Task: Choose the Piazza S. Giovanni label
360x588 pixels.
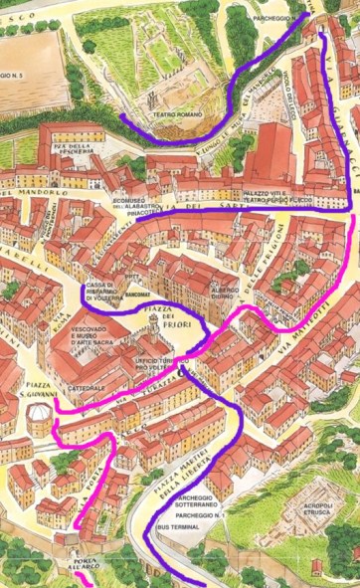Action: tap(35, 391)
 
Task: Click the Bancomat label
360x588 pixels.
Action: tap(138, 294)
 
